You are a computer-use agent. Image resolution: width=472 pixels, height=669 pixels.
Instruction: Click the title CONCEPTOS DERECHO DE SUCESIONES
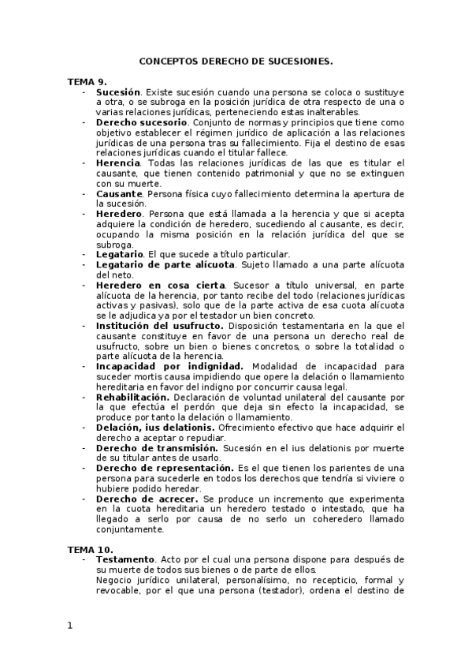coord(236,60)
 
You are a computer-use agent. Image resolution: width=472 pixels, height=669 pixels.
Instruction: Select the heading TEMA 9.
coord(87,82)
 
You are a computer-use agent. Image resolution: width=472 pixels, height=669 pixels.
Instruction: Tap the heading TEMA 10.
coord(91,549)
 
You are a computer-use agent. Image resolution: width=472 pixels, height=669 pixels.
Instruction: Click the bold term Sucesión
coord(118,92)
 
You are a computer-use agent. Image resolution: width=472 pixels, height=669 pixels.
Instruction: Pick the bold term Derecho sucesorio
coord(142,123)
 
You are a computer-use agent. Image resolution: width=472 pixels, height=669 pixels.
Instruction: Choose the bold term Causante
coord(120,193)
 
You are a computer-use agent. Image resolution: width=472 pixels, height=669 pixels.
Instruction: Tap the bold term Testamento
coord(126,559)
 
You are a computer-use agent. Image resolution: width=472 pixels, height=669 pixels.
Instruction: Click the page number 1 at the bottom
coord(69,626)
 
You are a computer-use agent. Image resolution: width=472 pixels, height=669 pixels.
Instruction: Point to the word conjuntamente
coord(135,529)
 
